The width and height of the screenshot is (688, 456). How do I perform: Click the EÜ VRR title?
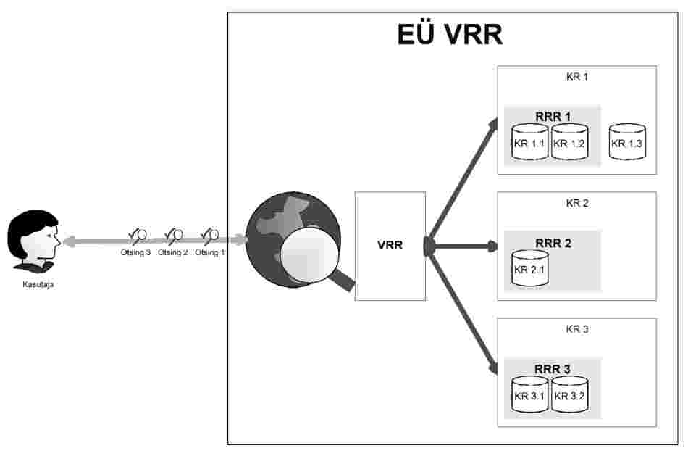point(450,34)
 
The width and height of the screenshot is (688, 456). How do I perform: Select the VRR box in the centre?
point(390,246)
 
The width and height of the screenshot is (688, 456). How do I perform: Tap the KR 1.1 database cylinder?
point(530,141)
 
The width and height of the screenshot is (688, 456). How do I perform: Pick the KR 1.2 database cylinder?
point(569,141)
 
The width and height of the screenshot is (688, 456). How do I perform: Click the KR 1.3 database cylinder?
point(627,141)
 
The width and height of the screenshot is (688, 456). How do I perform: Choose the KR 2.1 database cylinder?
point(530,268)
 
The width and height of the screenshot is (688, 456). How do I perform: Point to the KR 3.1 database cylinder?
point(530,394)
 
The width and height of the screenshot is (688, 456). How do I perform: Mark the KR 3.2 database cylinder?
point(569,394)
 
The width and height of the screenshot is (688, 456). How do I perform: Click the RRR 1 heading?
point(553,116)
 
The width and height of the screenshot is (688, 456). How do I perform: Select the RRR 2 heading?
point(553,243)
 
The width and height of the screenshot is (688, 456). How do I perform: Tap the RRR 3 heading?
point(553,369)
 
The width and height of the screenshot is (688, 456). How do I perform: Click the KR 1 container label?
point(577,76)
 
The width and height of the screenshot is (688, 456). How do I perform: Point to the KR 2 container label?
point(577,203)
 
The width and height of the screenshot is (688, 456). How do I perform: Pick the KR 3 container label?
point(577,329)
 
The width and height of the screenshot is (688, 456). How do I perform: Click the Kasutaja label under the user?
point(38,285)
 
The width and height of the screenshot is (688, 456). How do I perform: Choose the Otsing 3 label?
point(135,252)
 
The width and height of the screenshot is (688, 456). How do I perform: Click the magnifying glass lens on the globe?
point(307,259)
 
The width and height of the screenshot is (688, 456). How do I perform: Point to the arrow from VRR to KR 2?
point(463,246)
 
